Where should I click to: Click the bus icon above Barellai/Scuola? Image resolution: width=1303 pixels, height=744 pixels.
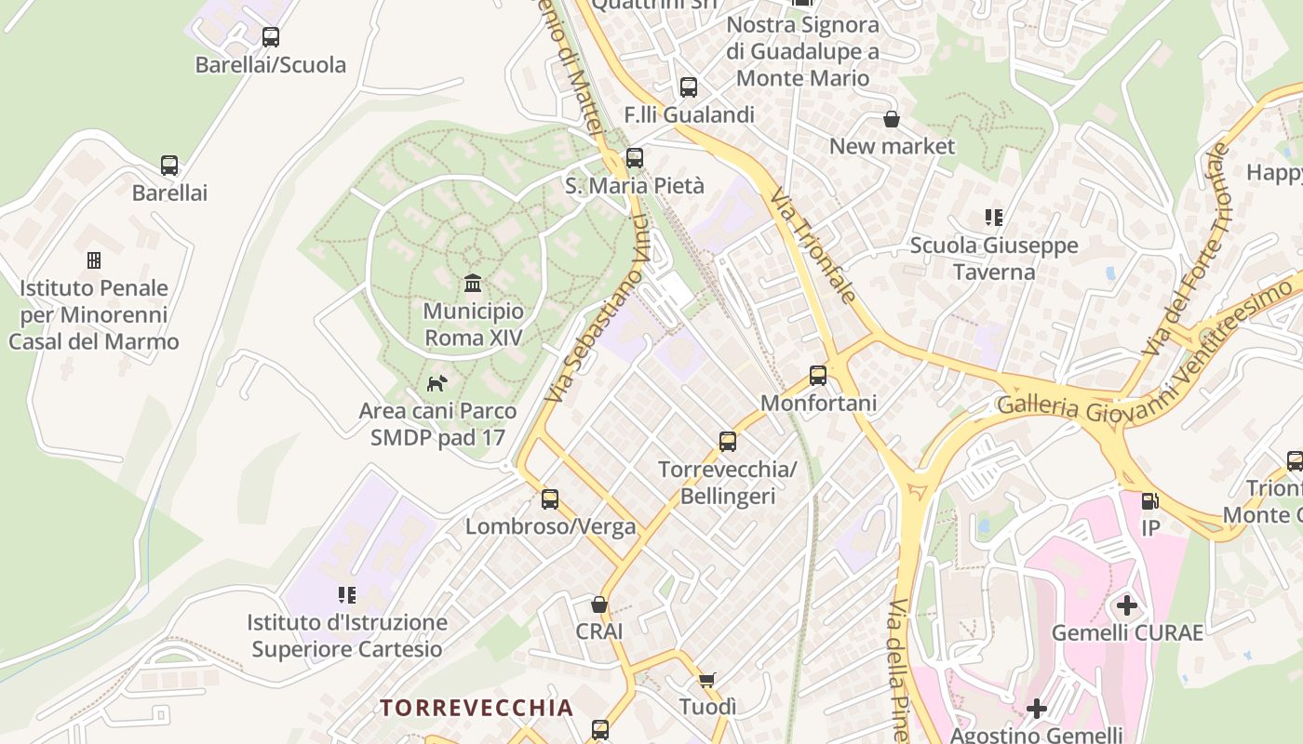(x=271, y=37)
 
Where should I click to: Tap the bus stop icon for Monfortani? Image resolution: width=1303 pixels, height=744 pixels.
(x=818, y=376)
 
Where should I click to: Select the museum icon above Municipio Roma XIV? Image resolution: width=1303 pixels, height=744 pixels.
(x=473, y=283)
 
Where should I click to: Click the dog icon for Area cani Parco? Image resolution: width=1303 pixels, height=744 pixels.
(x=437, y=382)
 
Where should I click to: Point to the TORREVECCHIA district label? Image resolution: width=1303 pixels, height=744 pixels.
(x=477, y=708)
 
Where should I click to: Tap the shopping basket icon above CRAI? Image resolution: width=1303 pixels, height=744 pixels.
(x=599, y=604)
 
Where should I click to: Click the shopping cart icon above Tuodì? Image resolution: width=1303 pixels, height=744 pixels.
(x=707, y=680)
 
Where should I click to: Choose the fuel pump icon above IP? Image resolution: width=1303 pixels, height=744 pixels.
(x=1150, y=501)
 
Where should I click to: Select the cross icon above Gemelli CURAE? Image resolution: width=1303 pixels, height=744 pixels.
(x=1127, y=606)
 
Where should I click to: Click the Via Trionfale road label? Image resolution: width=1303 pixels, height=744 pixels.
(x=813, y=246)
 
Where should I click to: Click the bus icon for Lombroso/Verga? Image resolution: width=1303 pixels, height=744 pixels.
(x=550, y=499)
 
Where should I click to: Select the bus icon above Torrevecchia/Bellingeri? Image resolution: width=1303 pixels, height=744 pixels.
(x=728, y=441)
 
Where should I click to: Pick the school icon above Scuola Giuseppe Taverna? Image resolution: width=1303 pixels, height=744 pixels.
(x=994, y=218)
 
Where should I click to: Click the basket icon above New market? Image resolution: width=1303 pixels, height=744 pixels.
(x=892, y=119)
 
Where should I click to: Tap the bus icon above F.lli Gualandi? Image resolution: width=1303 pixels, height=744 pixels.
(x=689, y=87)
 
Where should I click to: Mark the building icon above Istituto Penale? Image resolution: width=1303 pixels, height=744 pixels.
(x=94, y=260)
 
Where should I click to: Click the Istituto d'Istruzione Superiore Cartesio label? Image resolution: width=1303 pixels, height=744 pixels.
(x=347, y=635)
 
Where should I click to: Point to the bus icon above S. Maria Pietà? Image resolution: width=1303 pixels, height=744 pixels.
(x=635, y=158)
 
